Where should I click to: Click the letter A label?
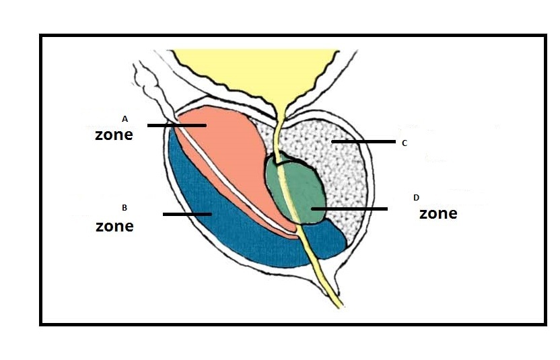(125, 118)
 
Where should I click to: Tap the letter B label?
(125, 207)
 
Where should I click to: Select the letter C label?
(404, 143)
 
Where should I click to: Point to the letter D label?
(416, 197)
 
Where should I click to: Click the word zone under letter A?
(114, 135)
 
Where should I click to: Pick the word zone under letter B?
(114, 226)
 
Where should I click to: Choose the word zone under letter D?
(438, 214)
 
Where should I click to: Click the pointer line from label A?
(176, 125)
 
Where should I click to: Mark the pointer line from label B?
(187, 214)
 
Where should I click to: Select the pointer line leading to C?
(363, 142)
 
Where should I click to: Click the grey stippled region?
(337, 168)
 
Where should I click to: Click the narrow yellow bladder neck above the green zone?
(277, 124)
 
